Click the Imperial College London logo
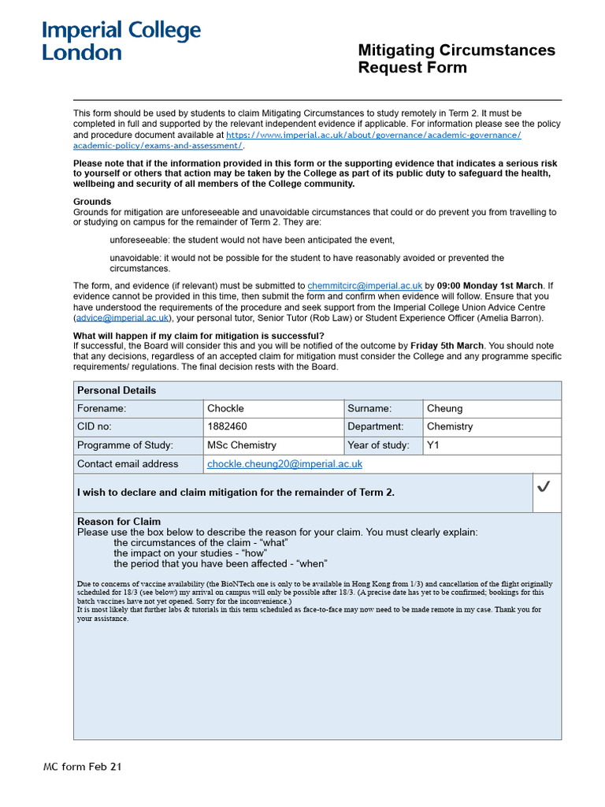(x=121, y=41)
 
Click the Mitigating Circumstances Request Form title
(x=456, y=59)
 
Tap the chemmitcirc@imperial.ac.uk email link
(x=366, y=285)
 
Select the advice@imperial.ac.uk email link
(x=122, y=318)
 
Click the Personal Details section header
(x=117, y=390)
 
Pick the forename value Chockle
(x=225, y=408)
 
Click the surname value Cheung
(x=444, y=408)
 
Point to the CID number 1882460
(x=227, y=426)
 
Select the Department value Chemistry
(x=449, y=426)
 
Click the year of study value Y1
(x=433, y=445)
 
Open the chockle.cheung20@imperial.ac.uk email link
(x=284, y=464)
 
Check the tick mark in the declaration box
(x=544, y=488)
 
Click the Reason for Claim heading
(x=119, y=521)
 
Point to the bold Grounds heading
(x=92, y=202)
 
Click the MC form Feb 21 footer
(x=82, y=767)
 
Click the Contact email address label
(x=128, y=464)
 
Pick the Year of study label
(x=378, y=445)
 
